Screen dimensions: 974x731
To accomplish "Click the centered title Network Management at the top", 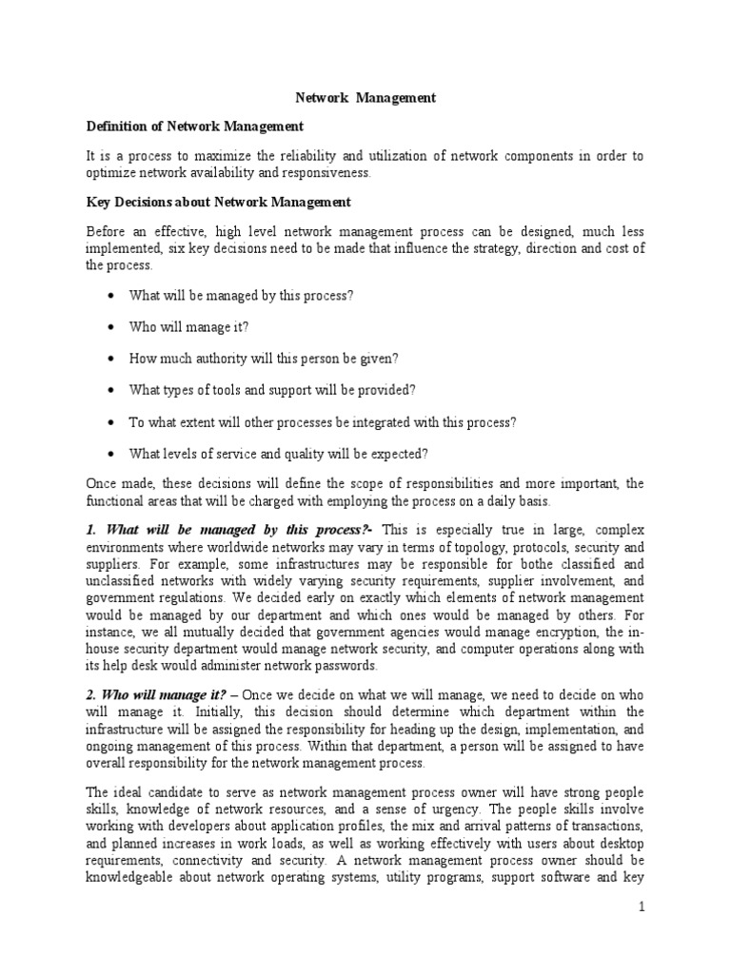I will coord(365,97).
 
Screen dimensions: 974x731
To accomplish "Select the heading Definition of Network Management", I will coord(195,126).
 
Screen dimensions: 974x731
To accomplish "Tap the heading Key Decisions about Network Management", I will coord(218,202).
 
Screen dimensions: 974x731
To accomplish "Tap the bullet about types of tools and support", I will coord(273,390).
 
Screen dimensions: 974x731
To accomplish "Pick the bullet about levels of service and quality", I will coord(279,453).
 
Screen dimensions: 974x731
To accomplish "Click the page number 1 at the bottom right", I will coord(642,910).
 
